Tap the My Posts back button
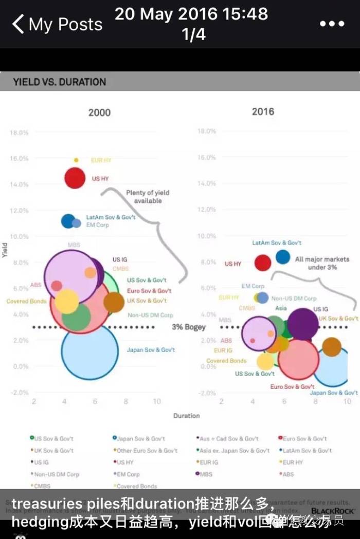click(57, 24)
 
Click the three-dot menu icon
click(331, 24)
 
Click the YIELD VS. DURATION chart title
click(59, 82)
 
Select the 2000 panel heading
click(99, 113)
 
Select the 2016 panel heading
click(263, 111)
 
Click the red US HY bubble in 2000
click(75, 178)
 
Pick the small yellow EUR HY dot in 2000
click(76, 160)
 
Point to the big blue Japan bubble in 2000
click(89, 352)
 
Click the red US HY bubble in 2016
click(263, 263)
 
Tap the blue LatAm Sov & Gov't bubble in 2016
click(282, 256)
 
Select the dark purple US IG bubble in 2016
click(302, 325)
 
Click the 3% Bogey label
click(189, 327)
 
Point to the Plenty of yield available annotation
click(148, 197)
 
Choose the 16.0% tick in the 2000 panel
click(19, 159)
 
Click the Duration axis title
click(186, 415)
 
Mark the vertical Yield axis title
click(5, 250)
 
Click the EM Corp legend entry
click(126, 474)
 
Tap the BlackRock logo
click(333, 511)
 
